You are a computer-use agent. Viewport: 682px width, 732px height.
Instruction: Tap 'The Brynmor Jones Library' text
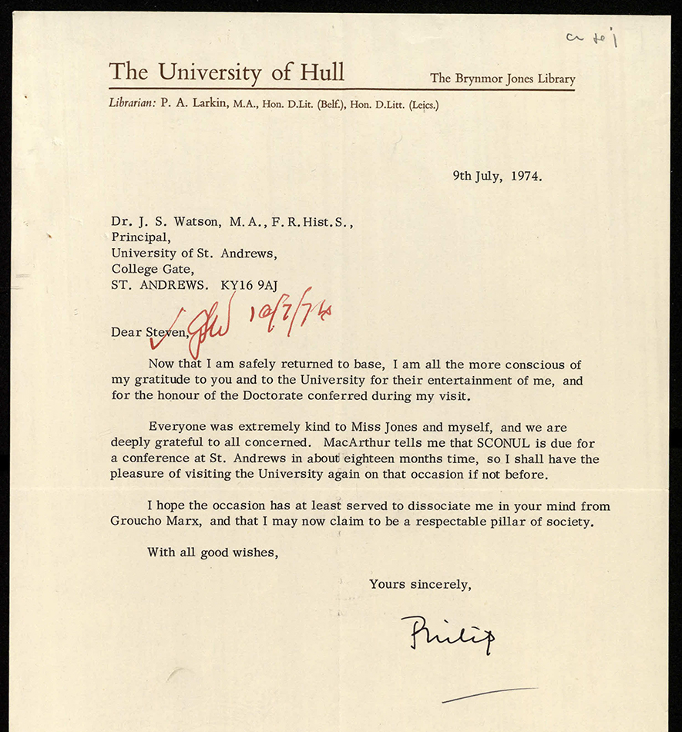[502, 78]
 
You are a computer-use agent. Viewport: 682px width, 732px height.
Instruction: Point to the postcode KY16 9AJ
[248, 285]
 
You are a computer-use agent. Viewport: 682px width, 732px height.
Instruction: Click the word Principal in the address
[139, 237]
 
